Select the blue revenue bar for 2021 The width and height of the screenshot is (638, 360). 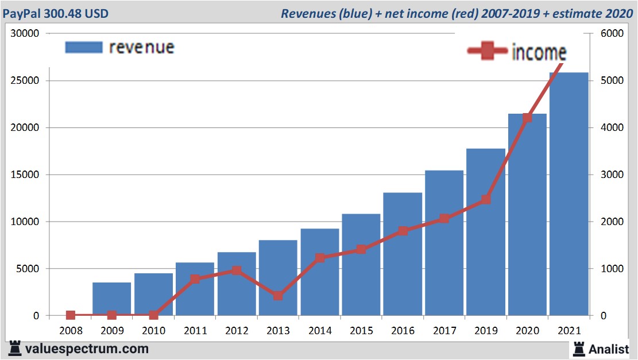569,195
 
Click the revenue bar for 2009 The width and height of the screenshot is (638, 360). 112,299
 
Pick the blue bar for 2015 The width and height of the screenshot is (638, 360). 361,265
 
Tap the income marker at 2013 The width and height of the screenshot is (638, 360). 278,296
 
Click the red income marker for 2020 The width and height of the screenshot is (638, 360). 527,118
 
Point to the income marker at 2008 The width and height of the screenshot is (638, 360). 71,315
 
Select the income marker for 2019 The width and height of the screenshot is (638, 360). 486,199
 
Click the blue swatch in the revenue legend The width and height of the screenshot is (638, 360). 84,47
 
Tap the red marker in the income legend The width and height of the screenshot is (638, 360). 487,52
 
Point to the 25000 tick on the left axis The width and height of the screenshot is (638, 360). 25,80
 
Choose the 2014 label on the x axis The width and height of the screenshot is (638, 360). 319,331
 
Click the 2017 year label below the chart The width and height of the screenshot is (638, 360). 444,331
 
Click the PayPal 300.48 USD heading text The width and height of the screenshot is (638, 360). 56,13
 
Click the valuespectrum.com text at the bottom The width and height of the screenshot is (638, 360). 87,349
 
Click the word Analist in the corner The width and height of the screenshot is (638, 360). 609,349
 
